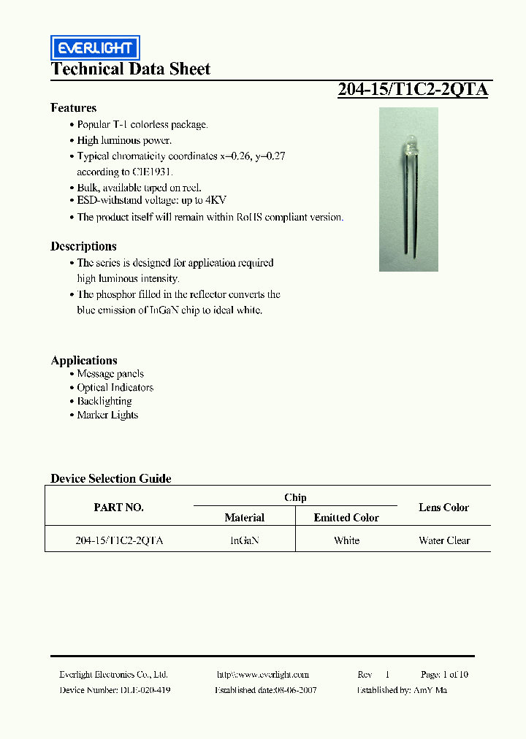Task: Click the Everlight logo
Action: [x=94, y=48]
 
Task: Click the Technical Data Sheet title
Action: [x=130, y=69]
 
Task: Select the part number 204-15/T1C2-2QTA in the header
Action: [x=412, y=90]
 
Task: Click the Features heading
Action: [x=73, y=107]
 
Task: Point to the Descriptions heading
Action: [x=83, y=246]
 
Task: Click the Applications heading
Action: [x=84, y=360]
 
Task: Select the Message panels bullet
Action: [x=110, y=374]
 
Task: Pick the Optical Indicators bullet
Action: [x=115, y=388]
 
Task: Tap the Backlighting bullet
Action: [x=104, y=401]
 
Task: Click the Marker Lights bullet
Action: [x=107, y=415]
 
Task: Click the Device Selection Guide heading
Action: [x=111, y=478]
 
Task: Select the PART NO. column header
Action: [x=118, y=508]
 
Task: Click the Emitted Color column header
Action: [x=346, y=518]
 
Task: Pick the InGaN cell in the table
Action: [x=244, y=540]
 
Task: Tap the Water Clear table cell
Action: [x=444, y=540]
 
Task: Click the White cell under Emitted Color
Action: [x=346, y=540]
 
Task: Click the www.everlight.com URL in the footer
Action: [x=263, y=675]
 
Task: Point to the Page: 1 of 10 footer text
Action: [x=444, y=675]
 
